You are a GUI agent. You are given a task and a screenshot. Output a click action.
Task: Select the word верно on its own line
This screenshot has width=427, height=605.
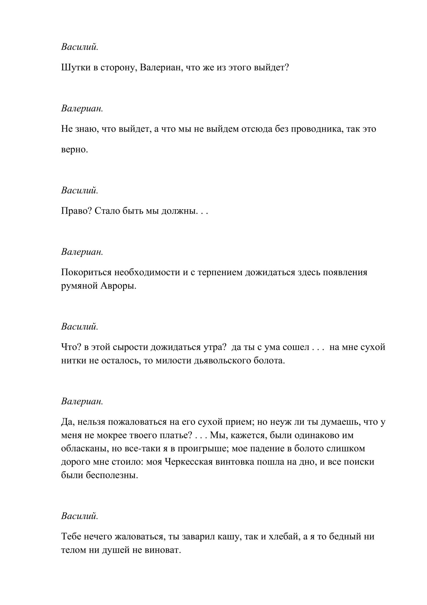click(74, 150)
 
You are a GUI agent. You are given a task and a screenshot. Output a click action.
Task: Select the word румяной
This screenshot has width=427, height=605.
click(78, 286)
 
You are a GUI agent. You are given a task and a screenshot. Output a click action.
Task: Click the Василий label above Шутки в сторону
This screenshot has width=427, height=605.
click(80, 47)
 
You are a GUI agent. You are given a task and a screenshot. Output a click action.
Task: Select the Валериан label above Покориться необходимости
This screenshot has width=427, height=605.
click(82, 252)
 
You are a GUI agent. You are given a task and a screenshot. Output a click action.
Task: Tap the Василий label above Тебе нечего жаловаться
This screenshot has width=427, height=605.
click(80, 516)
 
